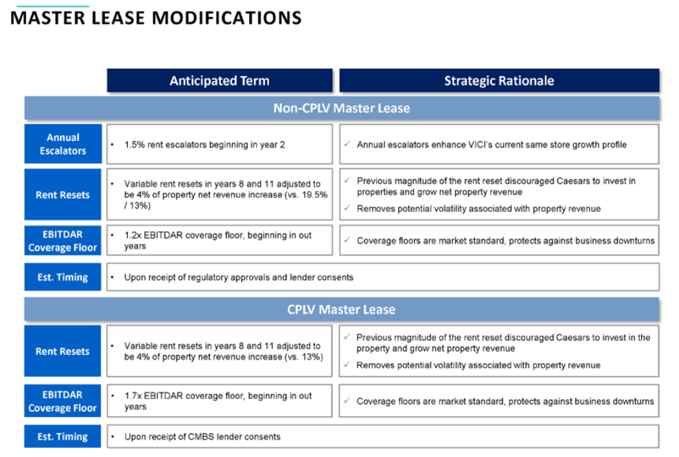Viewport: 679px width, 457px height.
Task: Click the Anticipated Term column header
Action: [x=219, y=81]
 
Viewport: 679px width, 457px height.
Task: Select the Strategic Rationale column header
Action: [x=500, y=81]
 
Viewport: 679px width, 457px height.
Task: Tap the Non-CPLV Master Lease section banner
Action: [x=342, y=108]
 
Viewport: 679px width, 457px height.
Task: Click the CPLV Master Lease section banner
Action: [x=342, y=309]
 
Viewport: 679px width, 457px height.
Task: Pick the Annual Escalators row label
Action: [x=63, y=144]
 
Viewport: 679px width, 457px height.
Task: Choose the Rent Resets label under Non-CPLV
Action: [x=63, y=195]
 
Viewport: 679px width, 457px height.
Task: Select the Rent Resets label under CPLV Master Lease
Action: [x=62, y=351]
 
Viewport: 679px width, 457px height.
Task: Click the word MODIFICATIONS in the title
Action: [x=226, y=18]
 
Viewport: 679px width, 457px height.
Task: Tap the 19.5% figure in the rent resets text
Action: [x=315, y=195]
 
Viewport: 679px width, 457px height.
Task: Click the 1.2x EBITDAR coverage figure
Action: [x=132, y=235]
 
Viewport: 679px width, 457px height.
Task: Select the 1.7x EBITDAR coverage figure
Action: [x=132, y=396]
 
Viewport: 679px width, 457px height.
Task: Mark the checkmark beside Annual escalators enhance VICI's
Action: [x=347, y=144]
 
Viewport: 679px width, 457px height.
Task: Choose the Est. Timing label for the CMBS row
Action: [x=62, y=437]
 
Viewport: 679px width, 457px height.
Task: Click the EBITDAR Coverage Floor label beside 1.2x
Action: [x=63, y=240]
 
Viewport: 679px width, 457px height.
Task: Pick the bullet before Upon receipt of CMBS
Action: [x=112, y=437]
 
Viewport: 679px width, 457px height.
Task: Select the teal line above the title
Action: [x=53, y=6]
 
